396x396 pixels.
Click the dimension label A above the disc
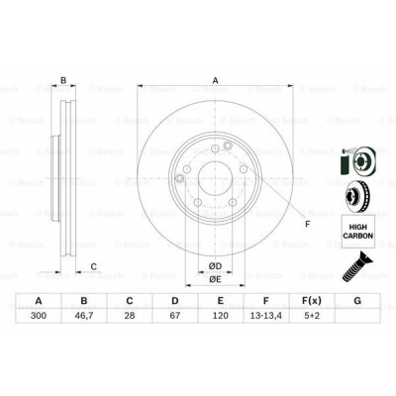click(x=216, y=82)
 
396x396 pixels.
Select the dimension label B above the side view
click(x=63, y=82)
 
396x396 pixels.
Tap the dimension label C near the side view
click(x=92, y=265)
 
